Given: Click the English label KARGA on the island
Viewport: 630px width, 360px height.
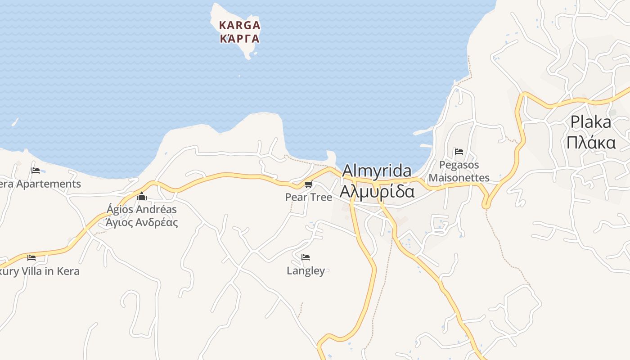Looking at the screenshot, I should click(x=239, y=25).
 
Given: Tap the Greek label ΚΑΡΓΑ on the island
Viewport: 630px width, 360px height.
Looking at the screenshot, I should click(x=239, y=38).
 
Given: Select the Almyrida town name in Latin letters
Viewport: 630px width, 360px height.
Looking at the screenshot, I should click(x=377, y=171).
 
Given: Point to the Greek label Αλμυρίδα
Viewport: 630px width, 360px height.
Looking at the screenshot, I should click(x=377, y=191).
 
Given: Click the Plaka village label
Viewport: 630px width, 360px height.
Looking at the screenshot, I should click(x=591, y=122).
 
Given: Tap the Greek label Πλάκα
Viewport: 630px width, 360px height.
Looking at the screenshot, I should click(x=591, y=142).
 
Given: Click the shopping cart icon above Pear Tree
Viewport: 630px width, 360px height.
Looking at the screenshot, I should click(x=308, y=184).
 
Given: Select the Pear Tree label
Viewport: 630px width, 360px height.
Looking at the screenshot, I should click(x=309, y=197).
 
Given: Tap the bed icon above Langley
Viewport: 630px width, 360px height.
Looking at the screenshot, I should click(x=306, y=257).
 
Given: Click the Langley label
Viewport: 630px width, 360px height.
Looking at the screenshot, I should click(x=306, y=270).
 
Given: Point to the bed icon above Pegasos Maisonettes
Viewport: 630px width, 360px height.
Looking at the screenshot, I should click(x=459, y=152).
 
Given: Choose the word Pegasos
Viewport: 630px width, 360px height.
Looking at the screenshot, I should click(x=459, y=165).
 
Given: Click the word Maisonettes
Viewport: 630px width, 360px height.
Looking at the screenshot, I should click(x=459, y=177).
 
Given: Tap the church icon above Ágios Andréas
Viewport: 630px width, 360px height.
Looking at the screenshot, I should click(x=142, y=196).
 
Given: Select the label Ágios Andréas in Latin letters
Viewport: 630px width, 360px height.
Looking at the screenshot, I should click(x=142, y=209).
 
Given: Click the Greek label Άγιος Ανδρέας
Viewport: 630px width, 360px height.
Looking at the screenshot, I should click(x=142, y=222).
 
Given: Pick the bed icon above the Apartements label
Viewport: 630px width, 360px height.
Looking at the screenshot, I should click(x=36, y=170).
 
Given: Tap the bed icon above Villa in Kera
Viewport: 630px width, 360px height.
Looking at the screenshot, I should click(x=31, y=258).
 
